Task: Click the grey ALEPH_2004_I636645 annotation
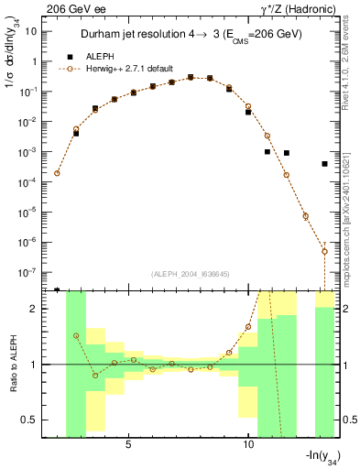point(189,274)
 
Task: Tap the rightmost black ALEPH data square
point(325,164)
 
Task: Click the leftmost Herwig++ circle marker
point(57,172)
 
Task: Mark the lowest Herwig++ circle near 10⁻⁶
point(324,251)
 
